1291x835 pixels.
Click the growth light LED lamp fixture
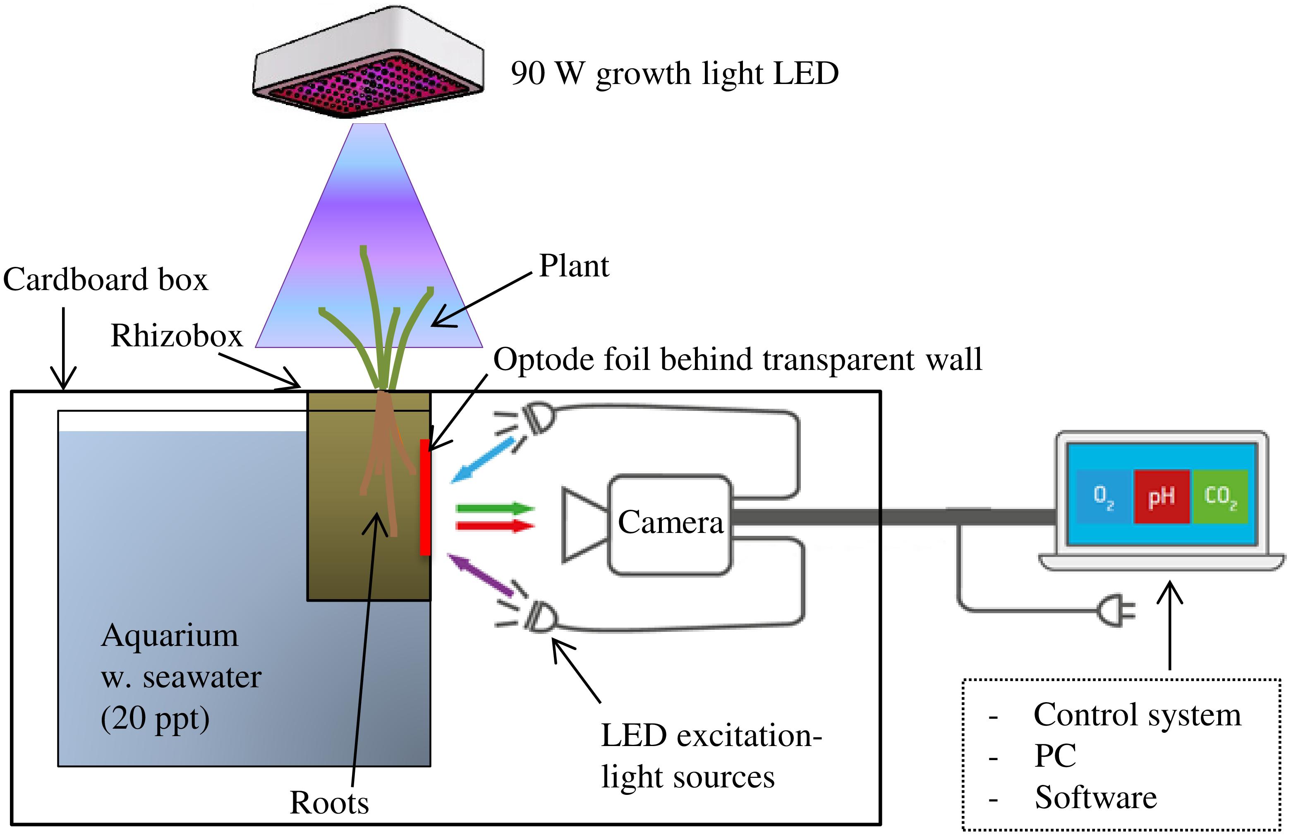[x=369, y=62]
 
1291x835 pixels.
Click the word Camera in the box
[x=671, y=522]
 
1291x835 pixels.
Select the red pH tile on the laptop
[x=1162, y=496]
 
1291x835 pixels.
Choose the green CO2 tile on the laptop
[x=1220, y=496]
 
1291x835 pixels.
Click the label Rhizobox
[x=177, y=336]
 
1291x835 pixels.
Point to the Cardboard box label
[x=105, y=280]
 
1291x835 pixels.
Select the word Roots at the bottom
[x=329, y=802]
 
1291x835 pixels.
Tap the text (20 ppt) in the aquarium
[x=155, y=718]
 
